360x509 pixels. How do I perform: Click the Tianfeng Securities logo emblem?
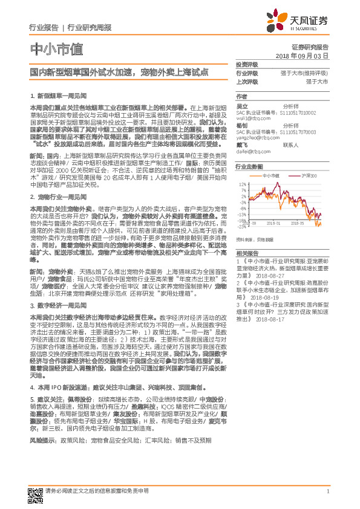(x=284, y=22)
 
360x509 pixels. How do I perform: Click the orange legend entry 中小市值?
(x=270, y=175)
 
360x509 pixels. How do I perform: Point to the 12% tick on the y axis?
(x=242, y=184)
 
